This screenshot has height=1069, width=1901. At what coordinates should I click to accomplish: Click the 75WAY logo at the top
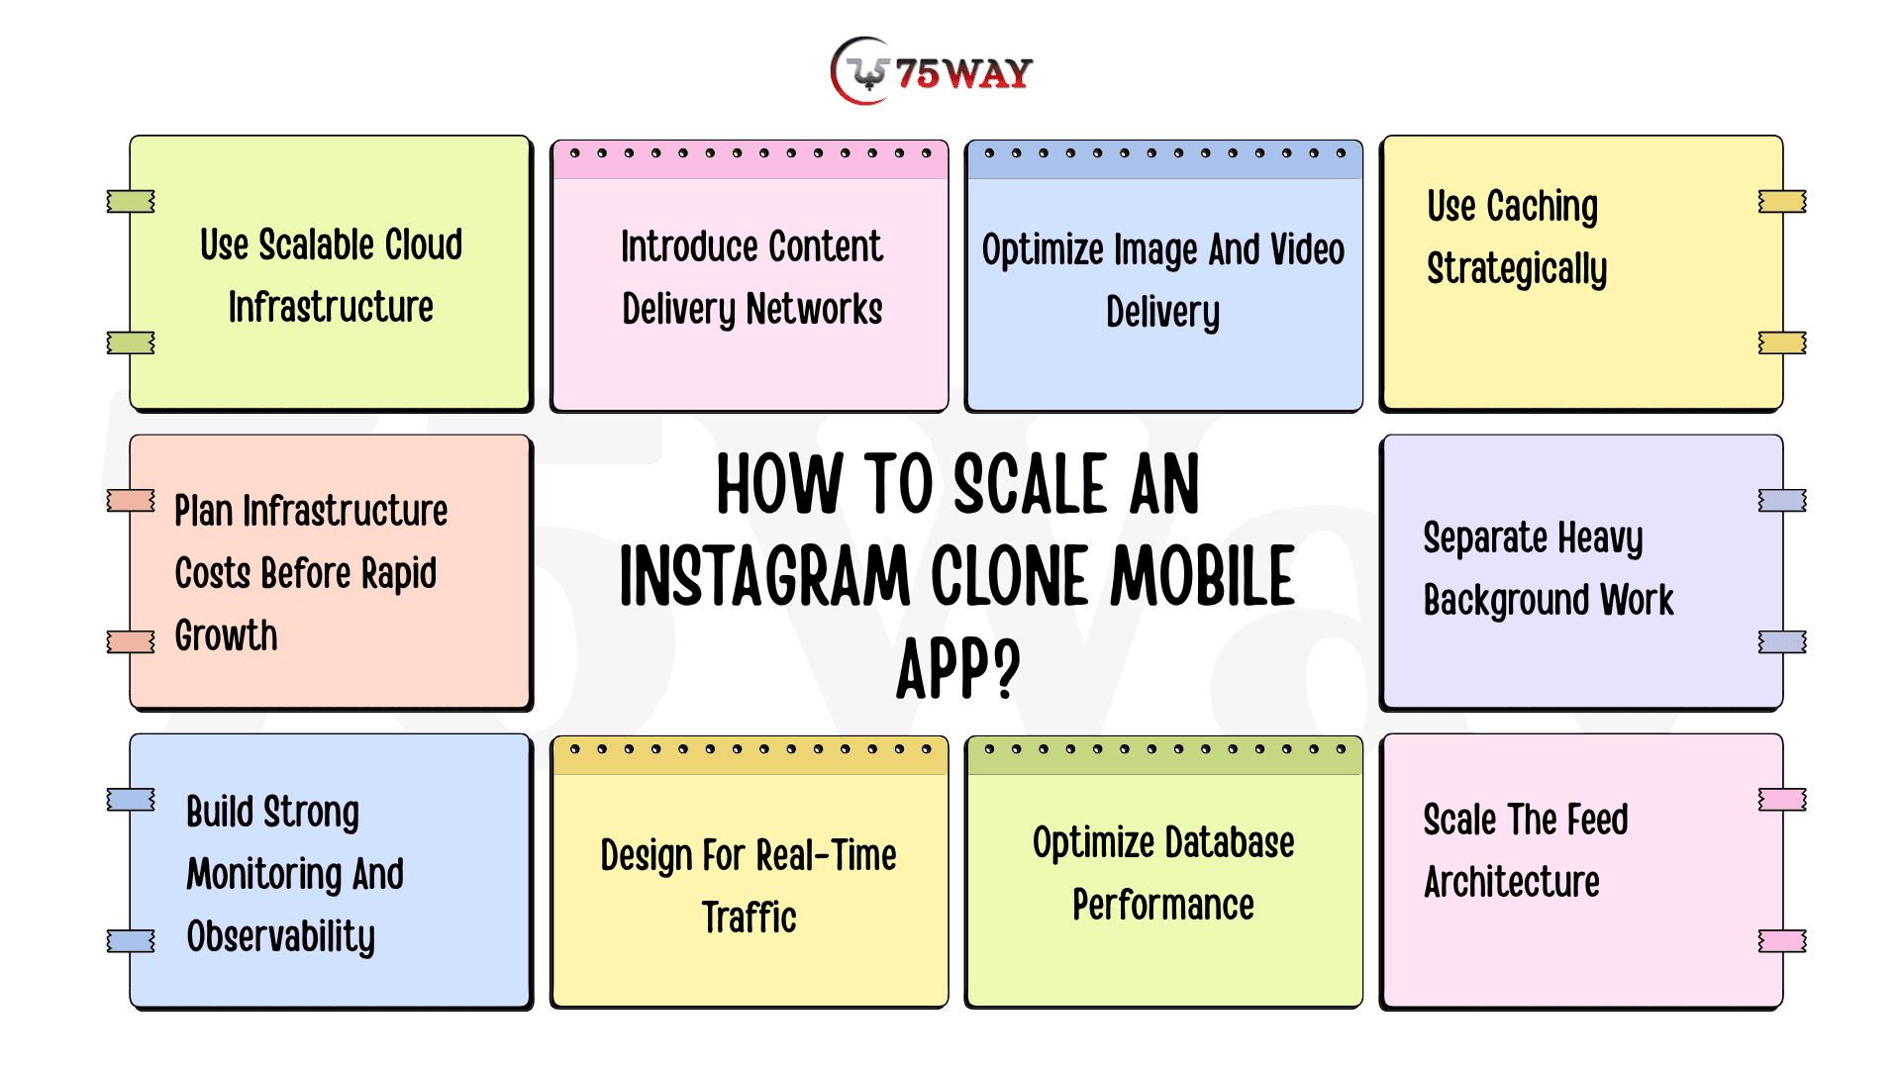pyautogui.click(x=932, y=71)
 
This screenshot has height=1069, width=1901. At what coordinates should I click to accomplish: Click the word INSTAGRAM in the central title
pyautogui.click(x=764, y=576)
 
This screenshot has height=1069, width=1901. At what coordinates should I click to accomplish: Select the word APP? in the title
pyautogui.click(x=957, y=669)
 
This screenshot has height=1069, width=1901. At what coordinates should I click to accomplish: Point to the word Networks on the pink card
pyautogui.click(x=814, y=309)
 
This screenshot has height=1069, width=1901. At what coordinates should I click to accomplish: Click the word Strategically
pyautogui.click(x=1517, y=269)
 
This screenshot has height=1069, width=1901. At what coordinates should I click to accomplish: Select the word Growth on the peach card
pyautogui.click(x=226, y=635)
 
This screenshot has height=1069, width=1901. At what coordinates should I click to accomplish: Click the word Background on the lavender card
pyautogui.click(x=1506, y=601)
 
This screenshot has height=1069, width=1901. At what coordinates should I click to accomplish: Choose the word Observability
pyautogui.click(x=281, y=937)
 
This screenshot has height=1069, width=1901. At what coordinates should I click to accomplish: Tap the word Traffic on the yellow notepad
pyautogui.click(x=750, y=918)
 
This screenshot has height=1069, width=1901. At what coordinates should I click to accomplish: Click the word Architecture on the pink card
pyautogui.click(x=1512, y=881)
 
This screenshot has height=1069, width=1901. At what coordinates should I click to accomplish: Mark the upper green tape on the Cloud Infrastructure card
pyautogui.click(x=131, y=202)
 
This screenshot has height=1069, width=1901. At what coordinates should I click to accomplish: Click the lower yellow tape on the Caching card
pyautogui.click(x=1782, y=343)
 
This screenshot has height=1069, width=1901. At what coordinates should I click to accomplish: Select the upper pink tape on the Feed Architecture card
pyautogui.click(x=1782, y=800)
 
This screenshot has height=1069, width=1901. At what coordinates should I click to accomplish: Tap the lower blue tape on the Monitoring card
pyautogui.click(x=131, y=941)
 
